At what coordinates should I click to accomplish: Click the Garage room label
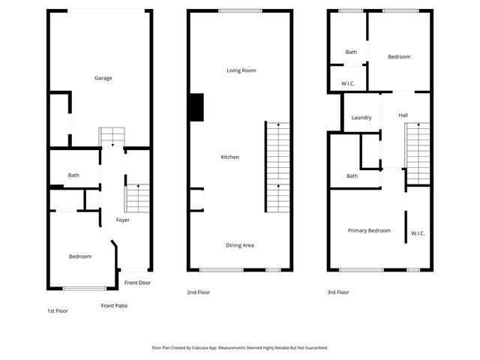coord(103,78)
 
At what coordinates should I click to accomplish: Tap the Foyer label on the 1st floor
coord(123,220)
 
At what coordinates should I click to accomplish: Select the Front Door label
coord(138,283)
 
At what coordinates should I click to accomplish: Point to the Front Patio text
coord(114,305)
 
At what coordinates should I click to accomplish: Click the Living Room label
coord(241,70)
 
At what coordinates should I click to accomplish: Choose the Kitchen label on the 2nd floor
coord(230,157)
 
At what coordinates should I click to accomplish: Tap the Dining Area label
coord(240,245)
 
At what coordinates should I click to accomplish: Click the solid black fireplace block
coord(196,106)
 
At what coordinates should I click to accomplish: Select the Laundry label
coord(361,118)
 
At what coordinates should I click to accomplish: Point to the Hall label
coord(403,115)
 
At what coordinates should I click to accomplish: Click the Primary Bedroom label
coord(369,230)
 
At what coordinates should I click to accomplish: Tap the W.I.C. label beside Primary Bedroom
coord(418,233)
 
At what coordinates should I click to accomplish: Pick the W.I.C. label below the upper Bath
coord(348,83)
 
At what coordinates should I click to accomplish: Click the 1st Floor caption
coord(57,310)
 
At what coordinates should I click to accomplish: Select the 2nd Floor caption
coord(199,292)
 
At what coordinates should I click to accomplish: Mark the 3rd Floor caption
coord(338,292)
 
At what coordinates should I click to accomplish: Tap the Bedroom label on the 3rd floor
coord(399,57)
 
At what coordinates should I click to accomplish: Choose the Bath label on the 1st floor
coord(73,175)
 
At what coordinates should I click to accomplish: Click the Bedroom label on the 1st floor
coord(80,256)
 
